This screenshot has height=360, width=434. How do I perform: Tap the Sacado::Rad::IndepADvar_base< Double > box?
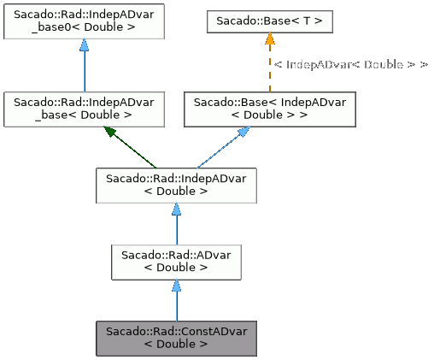pyautogui.click(x=84, y=108)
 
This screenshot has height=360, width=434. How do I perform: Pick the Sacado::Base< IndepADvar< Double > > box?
pyautogui.click(x=269, y=108)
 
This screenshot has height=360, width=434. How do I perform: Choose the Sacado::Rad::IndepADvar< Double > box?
pyautogui.click(x=175, y=185)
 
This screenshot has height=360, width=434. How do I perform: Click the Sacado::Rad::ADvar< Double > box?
pyautogui.click(x=175, y=261)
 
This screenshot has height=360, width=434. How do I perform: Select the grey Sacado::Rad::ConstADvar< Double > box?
pyautogui.click(x=175, y=338)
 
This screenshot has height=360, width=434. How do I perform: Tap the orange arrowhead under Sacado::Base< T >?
pyautogui.click(x=269, y=38)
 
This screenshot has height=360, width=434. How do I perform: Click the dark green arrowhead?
pyautogui.click(x=110, y=132)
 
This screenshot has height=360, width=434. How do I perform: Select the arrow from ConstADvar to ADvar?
pyautogui.click(x=175, y=304)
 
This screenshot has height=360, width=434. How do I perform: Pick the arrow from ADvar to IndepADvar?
pyautogui.click(x=175, y=227)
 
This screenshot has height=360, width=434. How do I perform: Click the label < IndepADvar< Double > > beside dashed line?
pyautogui.click(x=350, y=64)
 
